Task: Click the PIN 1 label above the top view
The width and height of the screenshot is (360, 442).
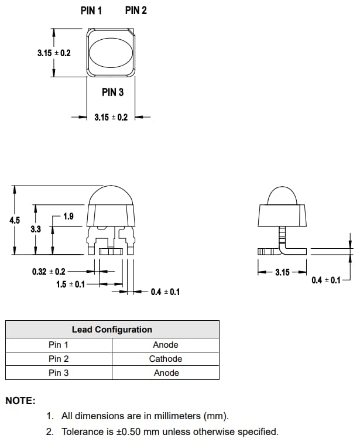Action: coord(91,11)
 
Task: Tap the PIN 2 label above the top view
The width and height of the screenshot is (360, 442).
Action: coord(136,11)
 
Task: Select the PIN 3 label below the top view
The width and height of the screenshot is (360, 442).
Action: coord(112,92)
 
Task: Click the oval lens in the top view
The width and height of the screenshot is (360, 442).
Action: coord(111,53)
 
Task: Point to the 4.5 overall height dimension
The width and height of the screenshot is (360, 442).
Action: coord(15,221)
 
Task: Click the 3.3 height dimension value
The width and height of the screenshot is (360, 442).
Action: coord(36,229)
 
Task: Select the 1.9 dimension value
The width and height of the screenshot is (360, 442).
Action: coord(68,217)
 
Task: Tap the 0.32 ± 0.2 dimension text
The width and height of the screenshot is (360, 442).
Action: coord(49,272)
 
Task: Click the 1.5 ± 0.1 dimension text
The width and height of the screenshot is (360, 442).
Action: coord(70,284)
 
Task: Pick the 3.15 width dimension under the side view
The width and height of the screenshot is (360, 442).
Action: coord(283,273)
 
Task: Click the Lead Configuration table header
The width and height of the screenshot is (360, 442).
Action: coord(112,330)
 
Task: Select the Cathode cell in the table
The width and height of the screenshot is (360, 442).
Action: coord(166,359)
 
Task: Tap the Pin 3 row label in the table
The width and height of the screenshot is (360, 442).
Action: coord(59,373)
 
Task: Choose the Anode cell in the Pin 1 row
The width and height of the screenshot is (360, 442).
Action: coord(166,345)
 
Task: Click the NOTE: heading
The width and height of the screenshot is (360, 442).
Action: coord(20,401)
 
